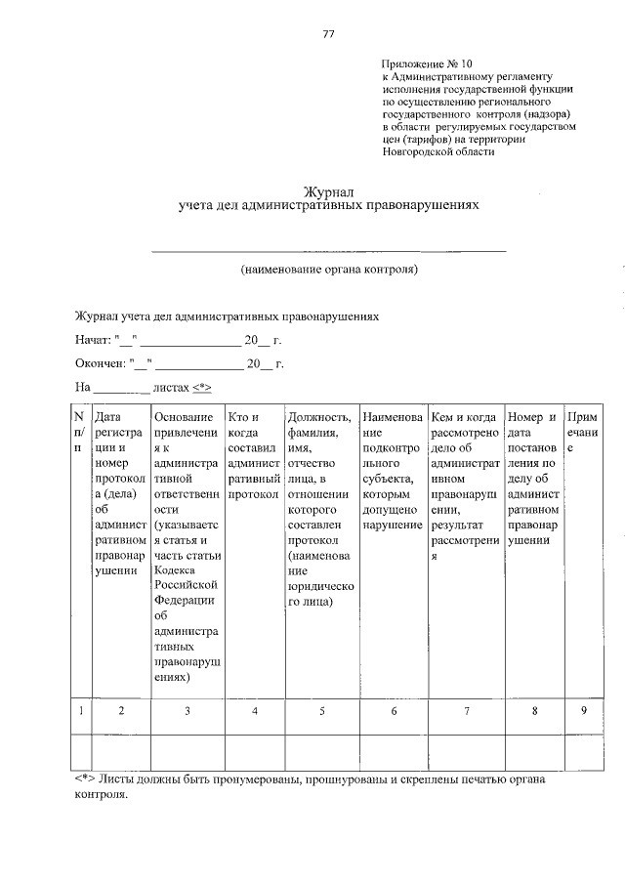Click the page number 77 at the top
tap(329, 34)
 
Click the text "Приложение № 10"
tap(427, 63)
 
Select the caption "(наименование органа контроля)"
tap(329, 268)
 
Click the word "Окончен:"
tap(100, 363)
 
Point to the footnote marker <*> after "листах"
tap(200, 387)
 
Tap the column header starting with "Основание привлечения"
tap(187, 547)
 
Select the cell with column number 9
tap(583, 712)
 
